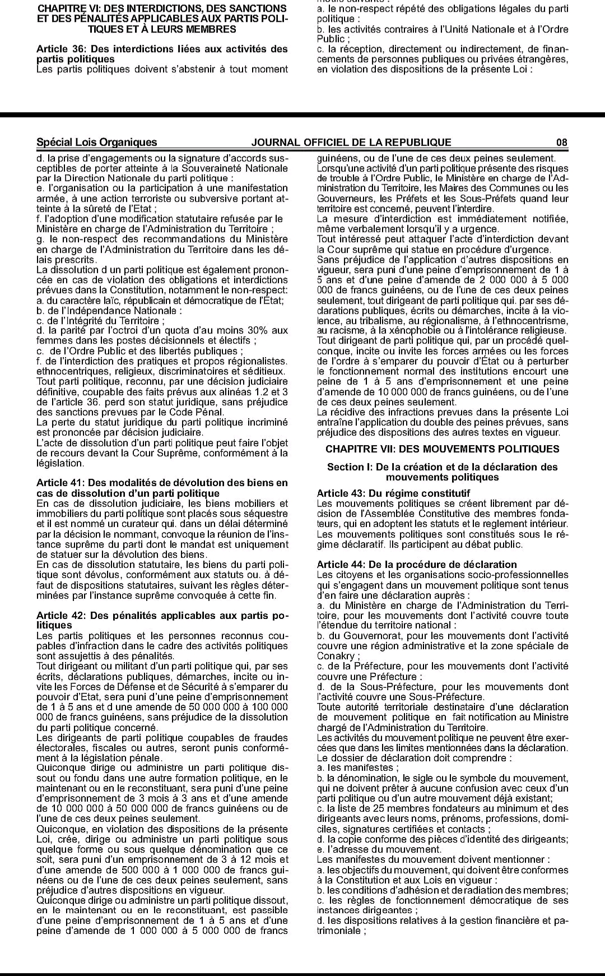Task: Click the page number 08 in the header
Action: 562,142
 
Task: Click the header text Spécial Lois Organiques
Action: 96,142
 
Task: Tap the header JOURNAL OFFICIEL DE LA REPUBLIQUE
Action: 351,142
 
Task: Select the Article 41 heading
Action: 162,488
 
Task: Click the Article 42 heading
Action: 162,620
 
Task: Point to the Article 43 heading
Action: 393,493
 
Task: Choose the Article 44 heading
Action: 417,565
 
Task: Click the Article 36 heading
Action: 162,54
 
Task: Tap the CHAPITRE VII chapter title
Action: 442,449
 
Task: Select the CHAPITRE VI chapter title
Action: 162,19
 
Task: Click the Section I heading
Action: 442,472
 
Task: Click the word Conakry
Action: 336,656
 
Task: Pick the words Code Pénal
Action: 200,412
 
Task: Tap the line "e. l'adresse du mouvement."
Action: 379,849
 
